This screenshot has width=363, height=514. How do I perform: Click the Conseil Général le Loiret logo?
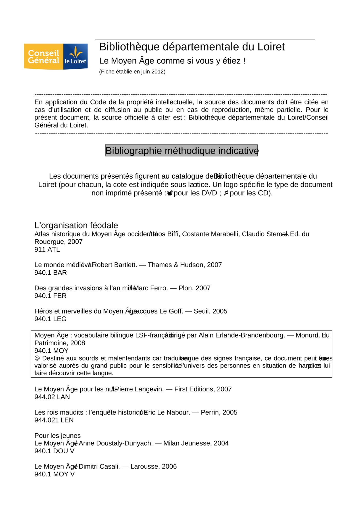pyautogui.click(x=56, y=57)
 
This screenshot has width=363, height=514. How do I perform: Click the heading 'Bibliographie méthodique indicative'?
pyautogui.click(x=181, y=151)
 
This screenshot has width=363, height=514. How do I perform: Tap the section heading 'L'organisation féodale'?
pyautogui.click(x=76, y=225)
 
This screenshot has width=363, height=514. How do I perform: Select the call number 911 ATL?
pyautogui.click(x=47, y=250)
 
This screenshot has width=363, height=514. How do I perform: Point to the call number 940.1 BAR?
pyautogui.click(x=51, y=273)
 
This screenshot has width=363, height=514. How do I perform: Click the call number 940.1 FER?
pyautogui.click(x=50, y=296)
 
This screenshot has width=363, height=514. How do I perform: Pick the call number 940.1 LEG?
pyautogui.click(x=50, y=319)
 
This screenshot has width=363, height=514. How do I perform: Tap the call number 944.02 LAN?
pyautogui.click(x=52, y=397)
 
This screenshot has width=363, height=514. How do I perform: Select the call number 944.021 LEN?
pyautogui.click(x=54, y=420)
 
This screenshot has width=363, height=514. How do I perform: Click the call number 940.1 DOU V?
pyautogui.click(x=54, y=451)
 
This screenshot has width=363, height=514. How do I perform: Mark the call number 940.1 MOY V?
pyautogui.click(x=54, y=474)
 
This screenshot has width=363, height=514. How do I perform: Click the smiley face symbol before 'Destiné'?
pyautogui.click(x=37, y=358)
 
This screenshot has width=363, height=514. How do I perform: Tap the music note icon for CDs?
pyautogui.click(x=226, y=193)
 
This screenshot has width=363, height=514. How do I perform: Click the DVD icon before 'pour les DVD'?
pyautogui.click(x=170, y=193)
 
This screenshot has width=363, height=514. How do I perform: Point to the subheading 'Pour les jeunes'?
pyautogui.click(x=58, y=436)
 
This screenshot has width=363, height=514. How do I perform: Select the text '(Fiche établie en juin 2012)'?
pyautogui.click(x=132, y=72)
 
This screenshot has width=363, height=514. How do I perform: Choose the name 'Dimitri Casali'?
pyautogui.click(x=99, y=466)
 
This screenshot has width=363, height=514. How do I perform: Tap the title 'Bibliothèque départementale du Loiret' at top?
pyautogui.click(x=192, y=47)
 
